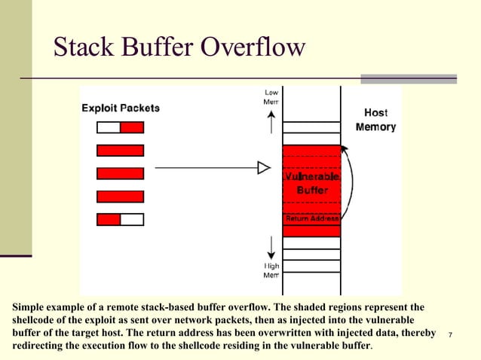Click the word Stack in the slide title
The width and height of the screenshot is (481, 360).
pyautogui.click(x=82, y=47)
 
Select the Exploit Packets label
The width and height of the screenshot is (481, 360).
pyautogui.click(x=121, y=108)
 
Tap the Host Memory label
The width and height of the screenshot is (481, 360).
pyautogui.click(x=375, y=120)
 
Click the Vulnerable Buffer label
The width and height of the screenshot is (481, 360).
pyautogui.click(x=311, y=185)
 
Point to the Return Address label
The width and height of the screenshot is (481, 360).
pyautogui.click(x=311, y=218)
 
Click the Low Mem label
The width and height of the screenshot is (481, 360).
pyautogui.click(x=271, y=96)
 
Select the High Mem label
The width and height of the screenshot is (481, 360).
pyautogui.click(x=271, y=270)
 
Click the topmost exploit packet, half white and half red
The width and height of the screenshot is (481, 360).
pyautogui.click(x=120, y=127)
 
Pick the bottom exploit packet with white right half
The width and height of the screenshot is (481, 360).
pyautogui.click(x=120, y=220)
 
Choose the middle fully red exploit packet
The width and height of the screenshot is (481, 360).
pyautogui.click(x=120, y=173)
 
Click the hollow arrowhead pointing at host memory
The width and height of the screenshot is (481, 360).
pyautogui.click(x=264, y=166)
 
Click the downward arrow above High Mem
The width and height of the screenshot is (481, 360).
pyautogui.click(x=271, y=245)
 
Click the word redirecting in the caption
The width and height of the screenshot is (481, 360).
pyautogui.click(x=44, y=346)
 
